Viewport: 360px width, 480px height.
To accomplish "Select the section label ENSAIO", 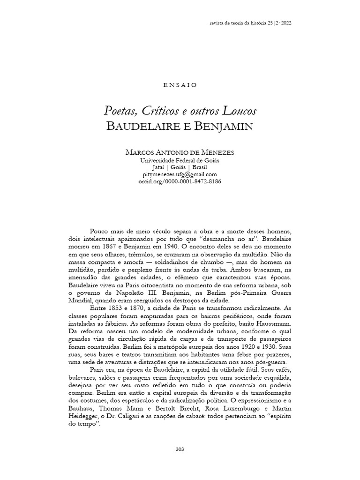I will [180, 85].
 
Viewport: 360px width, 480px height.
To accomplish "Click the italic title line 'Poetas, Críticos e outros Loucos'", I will [180, 111].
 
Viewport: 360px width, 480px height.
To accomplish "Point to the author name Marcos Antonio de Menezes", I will [180, 153].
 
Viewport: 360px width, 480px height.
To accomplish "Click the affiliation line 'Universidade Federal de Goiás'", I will [180, 160].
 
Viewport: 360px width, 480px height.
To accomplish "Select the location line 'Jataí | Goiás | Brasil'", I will [180, 167].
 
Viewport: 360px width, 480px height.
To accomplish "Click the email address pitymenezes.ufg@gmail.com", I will [180, 174].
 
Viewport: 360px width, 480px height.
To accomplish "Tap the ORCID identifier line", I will [180, 181].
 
